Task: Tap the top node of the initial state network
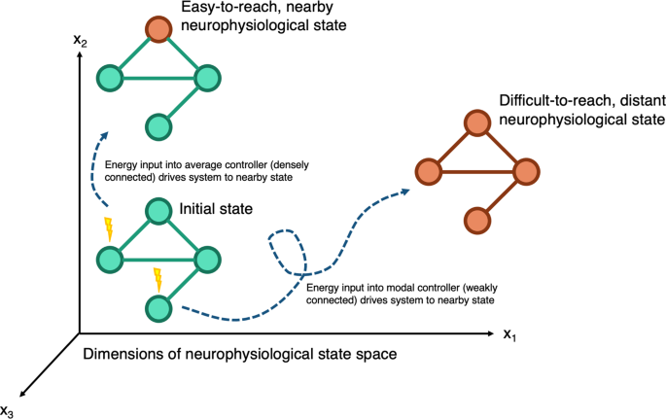158,211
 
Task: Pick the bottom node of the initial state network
158,308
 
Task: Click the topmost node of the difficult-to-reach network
475,123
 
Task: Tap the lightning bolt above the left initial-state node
108,230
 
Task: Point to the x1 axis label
509,335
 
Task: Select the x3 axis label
9,409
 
